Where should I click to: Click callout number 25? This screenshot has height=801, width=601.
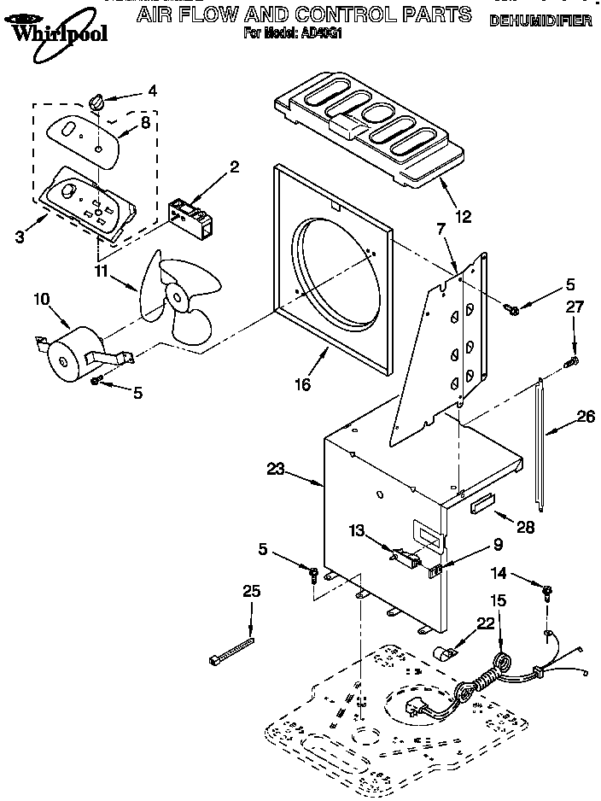pos(251,591)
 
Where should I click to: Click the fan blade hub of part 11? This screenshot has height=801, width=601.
pos(178,298)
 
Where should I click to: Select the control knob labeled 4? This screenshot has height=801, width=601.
pos(96,102)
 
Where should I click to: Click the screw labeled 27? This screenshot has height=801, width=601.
pos(572,365)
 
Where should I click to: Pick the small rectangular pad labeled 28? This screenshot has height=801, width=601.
pos(483,506)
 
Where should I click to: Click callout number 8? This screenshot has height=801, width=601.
pos(145,123)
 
